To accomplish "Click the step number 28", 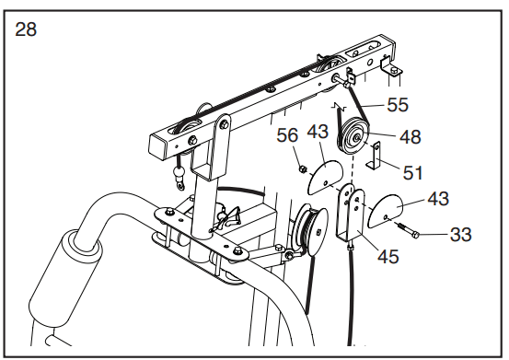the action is tap(26, 29).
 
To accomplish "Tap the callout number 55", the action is tap(398, 105).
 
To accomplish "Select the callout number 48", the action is tap(411, 136).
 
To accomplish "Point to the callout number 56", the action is tap(287, 134).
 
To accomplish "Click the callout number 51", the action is tap(412, 172).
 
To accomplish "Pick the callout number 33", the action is tap(460, 234).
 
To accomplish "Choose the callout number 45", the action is tap(388, 257).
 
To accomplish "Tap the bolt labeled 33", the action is tap(406, 230).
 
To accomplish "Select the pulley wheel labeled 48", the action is tap(353, 137).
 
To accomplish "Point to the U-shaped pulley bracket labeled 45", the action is tap(350, 214).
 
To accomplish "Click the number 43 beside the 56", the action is tap(318, 132).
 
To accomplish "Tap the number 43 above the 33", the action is tap(438, 198).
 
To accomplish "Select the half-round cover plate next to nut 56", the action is tap(324, 178).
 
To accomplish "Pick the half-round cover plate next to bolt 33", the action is tap(385, 211).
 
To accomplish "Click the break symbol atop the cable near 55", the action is tap(340, 106).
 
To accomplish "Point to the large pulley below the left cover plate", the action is tap(310, 229).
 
